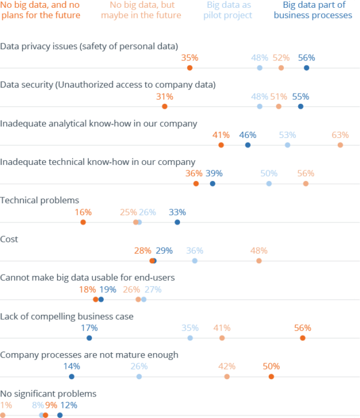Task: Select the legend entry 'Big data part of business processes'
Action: coord(313,10)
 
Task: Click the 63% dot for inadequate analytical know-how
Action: coord(340,145)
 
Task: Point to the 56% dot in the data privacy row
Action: coord(307,68)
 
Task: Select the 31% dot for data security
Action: coord(164,106)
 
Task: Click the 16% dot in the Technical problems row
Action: coord(83,222)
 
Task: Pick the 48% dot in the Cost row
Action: coord(259,261)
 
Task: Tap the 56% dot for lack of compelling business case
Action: coord(302,338)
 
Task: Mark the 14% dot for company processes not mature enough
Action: coord(71,377)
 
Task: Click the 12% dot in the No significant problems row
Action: coord(60,415)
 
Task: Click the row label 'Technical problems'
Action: coord(40,200)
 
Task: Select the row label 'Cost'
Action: coord(10,239)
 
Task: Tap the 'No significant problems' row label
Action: coord(48,393)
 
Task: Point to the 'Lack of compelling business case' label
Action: coord(67,316)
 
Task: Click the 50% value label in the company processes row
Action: coord(271,366)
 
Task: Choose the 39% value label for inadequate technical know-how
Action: coord(214,173)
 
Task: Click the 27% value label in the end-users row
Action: coord(153,290)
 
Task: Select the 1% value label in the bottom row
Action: coord(6,405)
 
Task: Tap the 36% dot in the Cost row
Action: coord(194,261)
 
